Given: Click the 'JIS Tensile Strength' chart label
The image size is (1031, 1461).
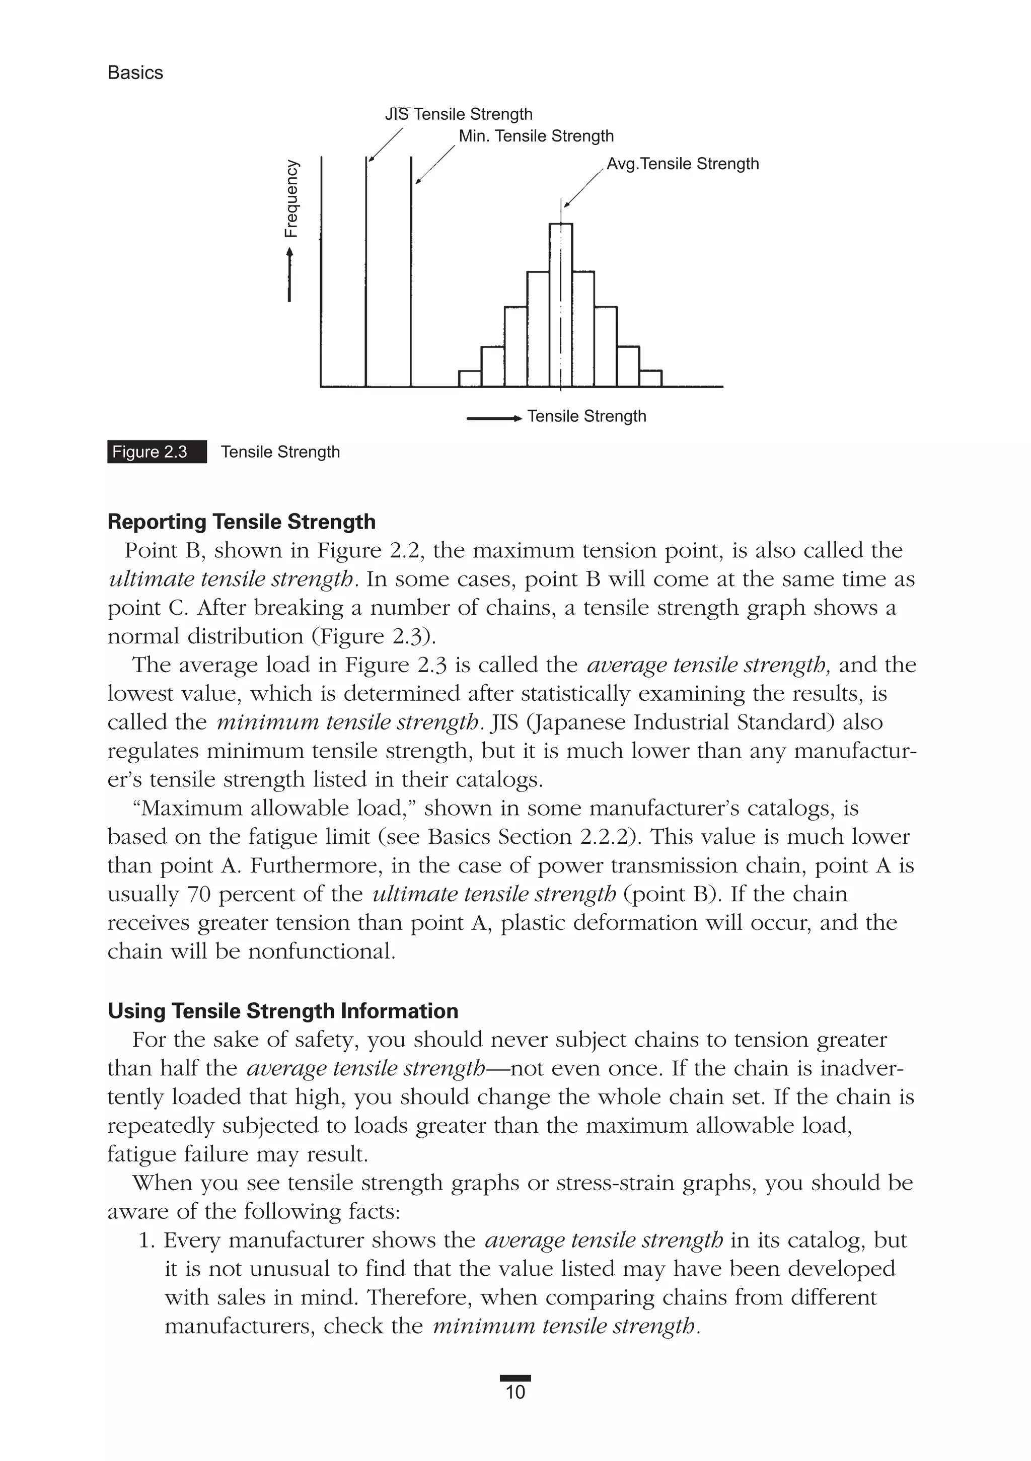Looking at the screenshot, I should [458, 115].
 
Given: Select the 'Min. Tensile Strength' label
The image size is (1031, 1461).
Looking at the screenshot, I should [536, 136].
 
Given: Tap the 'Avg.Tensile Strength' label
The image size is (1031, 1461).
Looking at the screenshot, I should [682, 164].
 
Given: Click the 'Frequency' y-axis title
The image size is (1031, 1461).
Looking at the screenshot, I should [291, 198].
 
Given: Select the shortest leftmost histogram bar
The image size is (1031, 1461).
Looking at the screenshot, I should [470, 379].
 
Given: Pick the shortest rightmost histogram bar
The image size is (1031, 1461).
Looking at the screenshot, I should [650, 379].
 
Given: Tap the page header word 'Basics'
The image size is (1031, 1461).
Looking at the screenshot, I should [135, 73].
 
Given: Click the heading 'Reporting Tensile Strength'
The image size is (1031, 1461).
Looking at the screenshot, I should [241, 522].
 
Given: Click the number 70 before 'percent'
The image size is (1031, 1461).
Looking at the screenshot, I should [199, 894].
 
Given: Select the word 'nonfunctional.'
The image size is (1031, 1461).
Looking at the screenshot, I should [322, 952].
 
